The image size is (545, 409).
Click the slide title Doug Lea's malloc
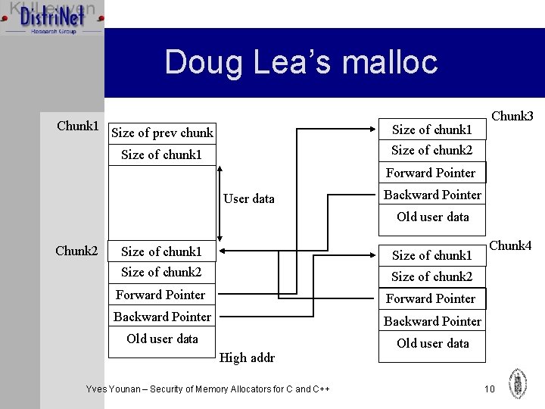tap(301, 62)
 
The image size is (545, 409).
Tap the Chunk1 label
tap(77, 125)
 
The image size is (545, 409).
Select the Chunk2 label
tap(76, 251)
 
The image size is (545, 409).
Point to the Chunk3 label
tap(512, 116)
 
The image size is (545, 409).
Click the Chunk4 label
tap(510, 245)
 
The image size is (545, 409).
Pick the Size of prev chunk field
tap(162, 133)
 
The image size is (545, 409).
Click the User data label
tap(248, 198)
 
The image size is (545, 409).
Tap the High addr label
tap(247, 357)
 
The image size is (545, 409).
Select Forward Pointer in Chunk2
tap(160, 295)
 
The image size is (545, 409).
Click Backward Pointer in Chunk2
tap(162, 317)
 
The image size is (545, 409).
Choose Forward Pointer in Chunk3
tap(431, 173)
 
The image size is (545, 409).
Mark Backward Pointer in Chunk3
tap(432, 195)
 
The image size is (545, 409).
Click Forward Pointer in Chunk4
tap(431, 298)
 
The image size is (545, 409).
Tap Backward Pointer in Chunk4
tap(432, 321)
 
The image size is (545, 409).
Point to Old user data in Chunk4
tap(432, 343)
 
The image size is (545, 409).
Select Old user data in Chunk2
tap(162, 339)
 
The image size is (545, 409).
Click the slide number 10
tap(489, 389)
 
